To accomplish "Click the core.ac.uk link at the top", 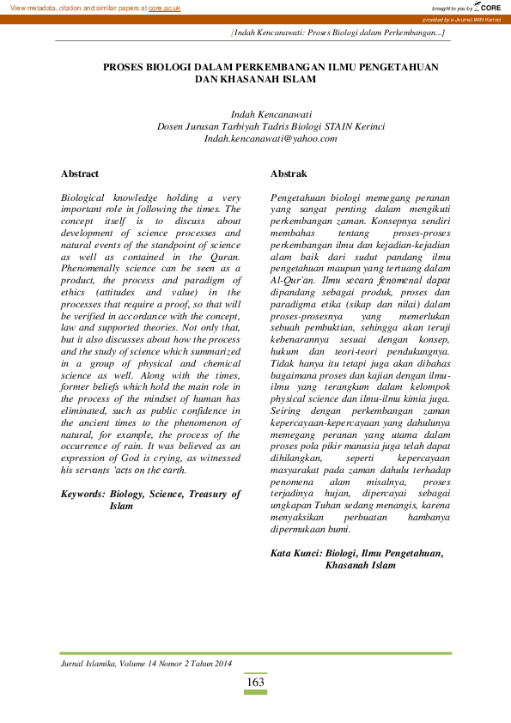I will [x=164, y=8].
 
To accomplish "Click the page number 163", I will [x=255, y=683].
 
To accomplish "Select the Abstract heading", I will [x=80, y=173].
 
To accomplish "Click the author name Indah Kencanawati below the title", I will [x=271, y=113].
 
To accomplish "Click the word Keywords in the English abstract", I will [x=83, y=495].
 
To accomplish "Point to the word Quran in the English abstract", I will [x=220, y=257].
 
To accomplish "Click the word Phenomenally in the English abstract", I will [x=94, y=269].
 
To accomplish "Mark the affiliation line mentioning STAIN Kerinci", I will [x=271, y=125].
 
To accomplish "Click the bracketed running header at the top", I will [x=338, y=32].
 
